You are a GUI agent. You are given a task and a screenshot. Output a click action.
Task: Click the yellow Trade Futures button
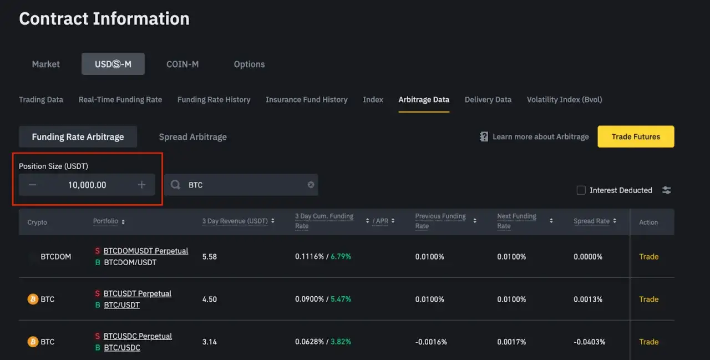tap(636, 136)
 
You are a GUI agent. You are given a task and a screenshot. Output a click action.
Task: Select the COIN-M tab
tap(182, 64)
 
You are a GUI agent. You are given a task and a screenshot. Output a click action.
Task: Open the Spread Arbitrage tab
tap(192, 136)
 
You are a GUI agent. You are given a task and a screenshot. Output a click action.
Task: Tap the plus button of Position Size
tap(142, 185)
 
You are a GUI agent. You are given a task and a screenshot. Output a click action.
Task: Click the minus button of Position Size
tap(32, 185)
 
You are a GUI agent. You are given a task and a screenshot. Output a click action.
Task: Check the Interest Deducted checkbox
tap(581, 190)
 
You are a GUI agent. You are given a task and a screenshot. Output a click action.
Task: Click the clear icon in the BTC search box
tap(311, 185)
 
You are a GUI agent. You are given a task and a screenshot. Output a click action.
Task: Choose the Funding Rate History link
tap(214, 100)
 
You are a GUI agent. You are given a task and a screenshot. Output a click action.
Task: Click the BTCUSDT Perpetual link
tap(137, 293)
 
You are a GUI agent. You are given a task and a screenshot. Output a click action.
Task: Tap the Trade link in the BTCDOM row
tap(648, 257)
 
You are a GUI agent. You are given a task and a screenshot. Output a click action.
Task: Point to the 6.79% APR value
tap(341, 257)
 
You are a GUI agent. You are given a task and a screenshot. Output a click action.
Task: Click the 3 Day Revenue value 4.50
tap(210, 299)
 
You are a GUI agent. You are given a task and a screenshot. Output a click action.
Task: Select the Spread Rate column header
tap(591, 221)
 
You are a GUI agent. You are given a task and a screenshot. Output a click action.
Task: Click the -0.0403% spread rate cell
tap(589, 342)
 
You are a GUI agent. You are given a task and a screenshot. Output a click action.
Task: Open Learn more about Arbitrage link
tap(540, 136)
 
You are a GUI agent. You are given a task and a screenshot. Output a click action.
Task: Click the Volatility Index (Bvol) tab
tap(564, 100)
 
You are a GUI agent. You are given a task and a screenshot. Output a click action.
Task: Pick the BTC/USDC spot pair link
tap(121, 348)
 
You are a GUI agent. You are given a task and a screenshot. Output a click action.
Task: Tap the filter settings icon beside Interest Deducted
tap(667, 190)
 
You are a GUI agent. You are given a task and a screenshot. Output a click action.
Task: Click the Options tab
tap(249, 64)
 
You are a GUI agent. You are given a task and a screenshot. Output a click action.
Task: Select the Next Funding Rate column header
tap(516, 221)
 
